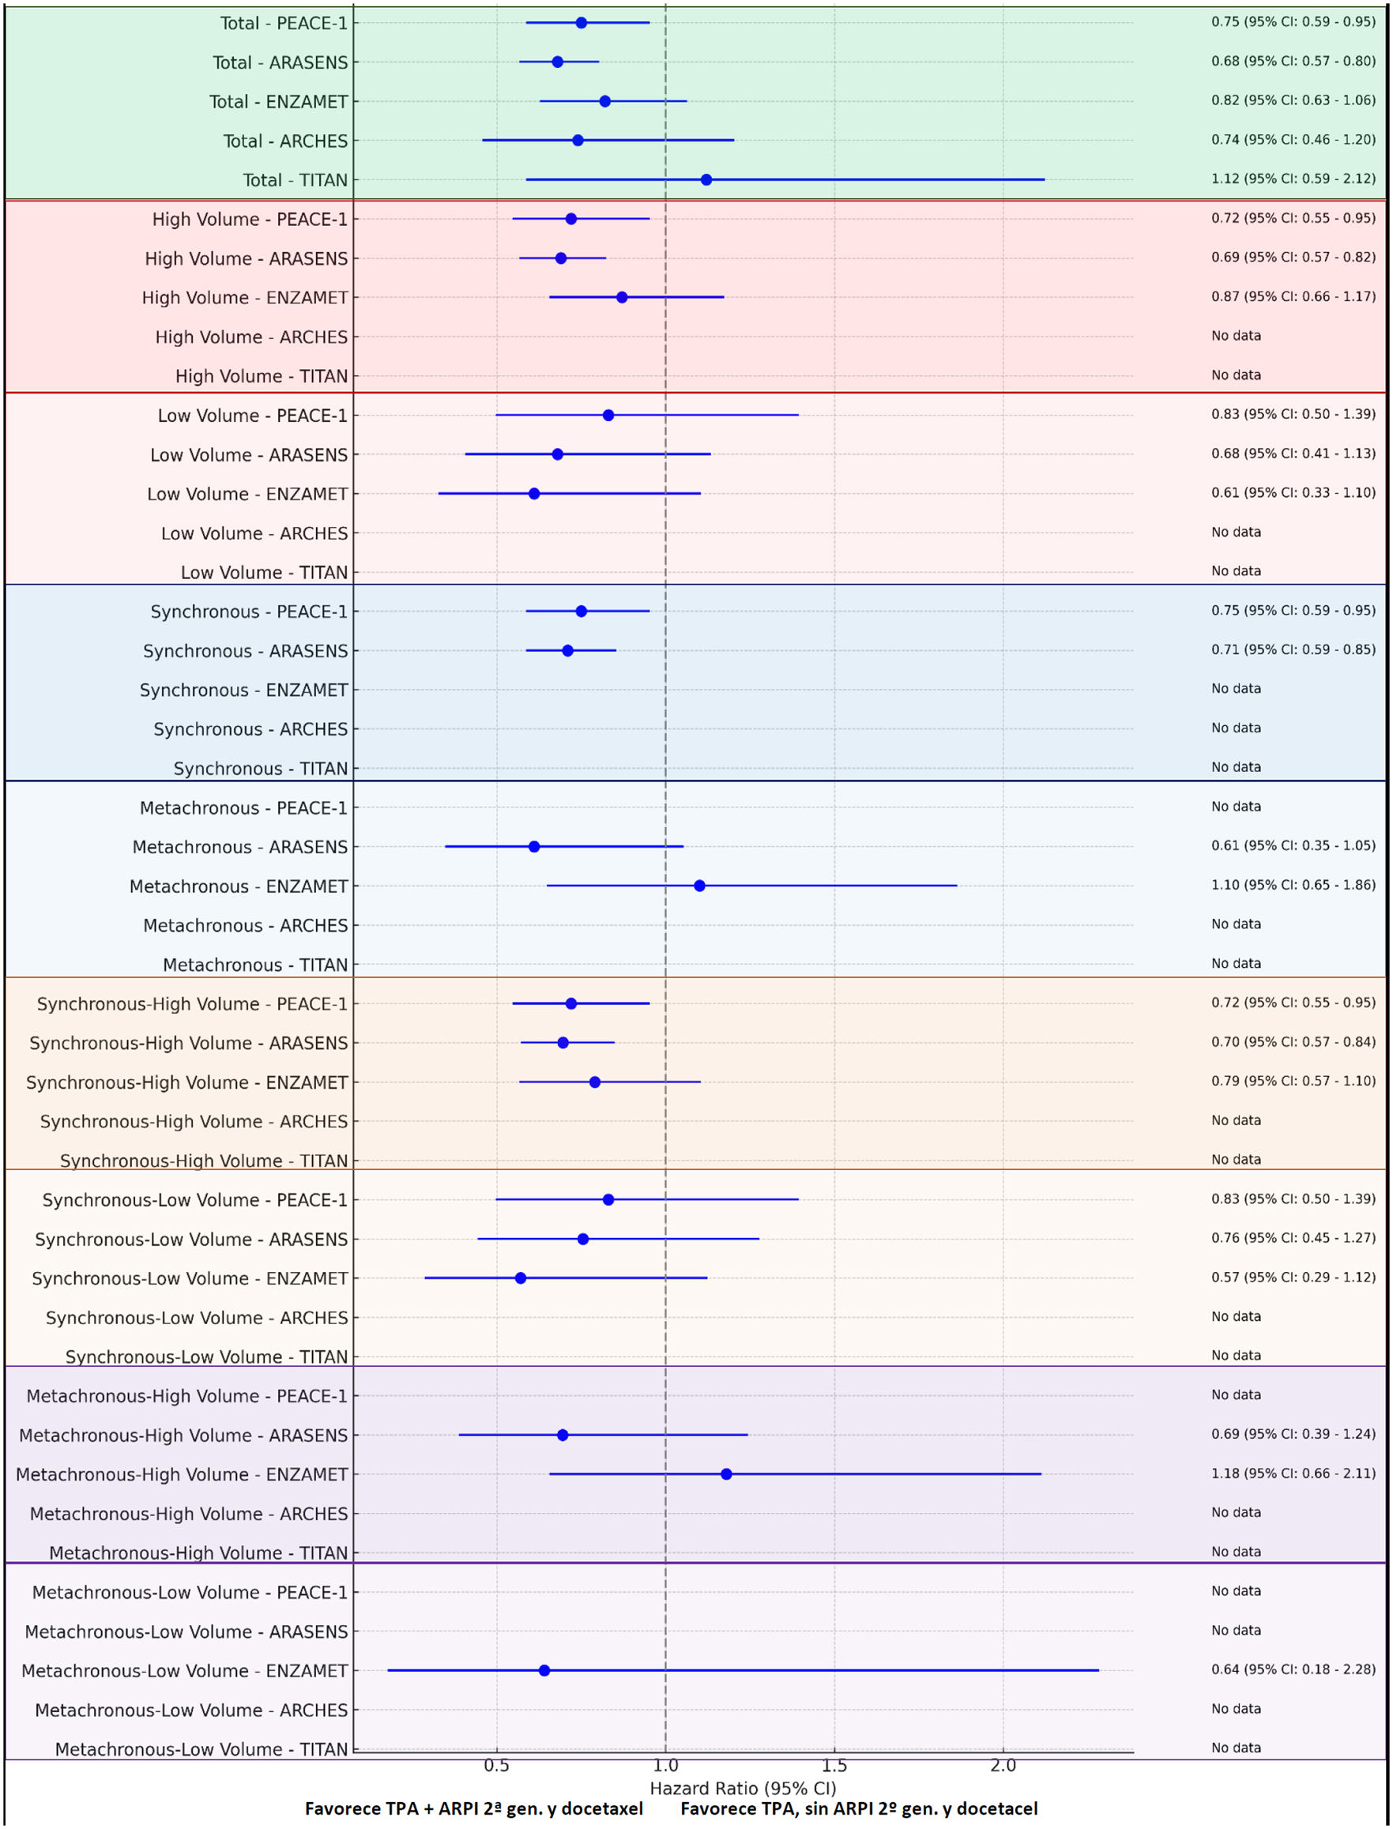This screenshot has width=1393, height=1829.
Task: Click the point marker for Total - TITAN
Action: point(706,180)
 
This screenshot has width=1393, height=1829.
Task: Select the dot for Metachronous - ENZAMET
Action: point(699,886)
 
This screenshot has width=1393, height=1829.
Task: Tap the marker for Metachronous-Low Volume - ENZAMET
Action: point(544,1670)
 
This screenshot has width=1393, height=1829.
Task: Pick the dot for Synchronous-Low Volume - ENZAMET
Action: point(521,1278)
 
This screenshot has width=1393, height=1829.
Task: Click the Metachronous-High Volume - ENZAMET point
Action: point(726,1474)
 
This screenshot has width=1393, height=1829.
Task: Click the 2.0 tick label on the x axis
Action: point(1003,1765)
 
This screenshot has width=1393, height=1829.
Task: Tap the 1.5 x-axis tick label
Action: point(834,1765)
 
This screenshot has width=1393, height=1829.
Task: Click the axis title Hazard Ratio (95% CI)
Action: point(743,1789)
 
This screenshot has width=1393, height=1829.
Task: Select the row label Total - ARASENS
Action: point(280,62)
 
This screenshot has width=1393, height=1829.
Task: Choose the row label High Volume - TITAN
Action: point(262,376)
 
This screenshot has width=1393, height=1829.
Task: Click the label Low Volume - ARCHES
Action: point(254,533)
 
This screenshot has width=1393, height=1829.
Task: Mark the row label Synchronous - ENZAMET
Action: point(244,690)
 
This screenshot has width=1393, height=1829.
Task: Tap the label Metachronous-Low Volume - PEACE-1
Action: point(190,1592)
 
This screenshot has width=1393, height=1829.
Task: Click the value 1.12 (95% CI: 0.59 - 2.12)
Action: point(1293,179)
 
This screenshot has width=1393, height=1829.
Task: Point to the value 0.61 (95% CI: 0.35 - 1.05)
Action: point(1293,845)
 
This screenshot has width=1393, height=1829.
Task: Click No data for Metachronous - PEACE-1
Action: point(1236,806)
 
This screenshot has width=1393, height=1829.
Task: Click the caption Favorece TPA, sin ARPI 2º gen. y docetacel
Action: point(859,1808)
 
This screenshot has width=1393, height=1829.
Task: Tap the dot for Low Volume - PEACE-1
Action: point(608,416)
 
